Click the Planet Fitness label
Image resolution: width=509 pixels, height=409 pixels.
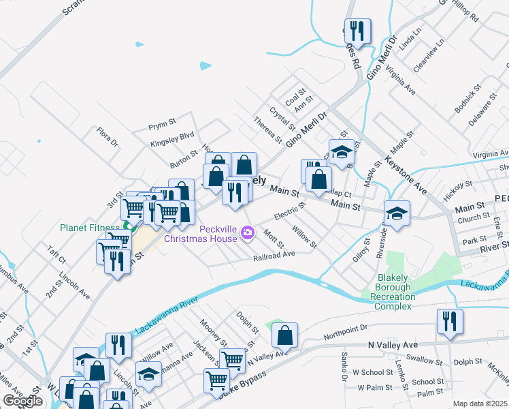click(89, 228)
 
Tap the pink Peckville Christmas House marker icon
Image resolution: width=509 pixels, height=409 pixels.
click(248, 234)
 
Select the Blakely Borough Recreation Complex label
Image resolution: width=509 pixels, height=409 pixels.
click(403, 292)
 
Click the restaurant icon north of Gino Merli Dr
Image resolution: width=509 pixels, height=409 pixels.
click(357, 31)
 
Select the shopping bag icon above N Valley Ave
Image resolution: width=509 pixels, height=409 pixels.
click(284, 335)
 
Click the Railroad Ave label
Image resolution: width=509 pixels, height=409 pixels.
click(274, 254)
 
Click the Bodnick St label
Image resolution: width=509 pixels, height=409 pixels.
click(468, 98)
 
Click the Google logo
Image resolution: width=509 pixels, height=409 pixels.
click(22, 401)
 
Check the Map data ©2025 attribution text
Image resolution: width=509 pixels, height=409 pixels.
click(480, 404)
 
